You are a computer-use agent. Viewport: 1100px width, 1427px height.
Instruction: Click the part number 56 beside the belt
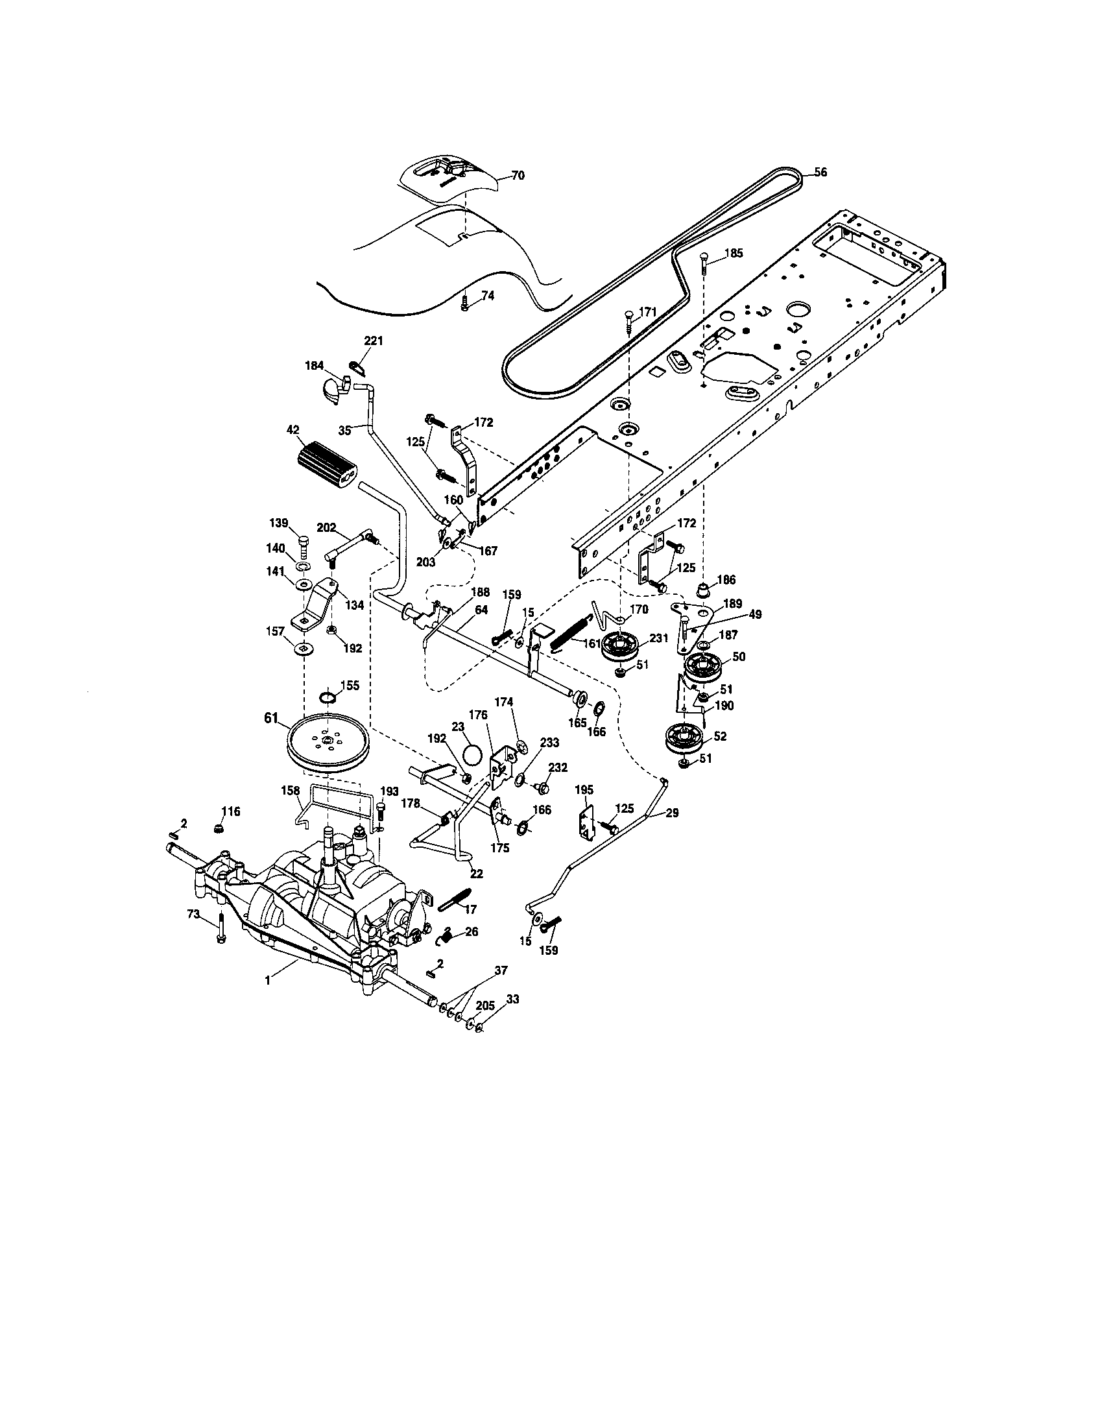click(820, 173)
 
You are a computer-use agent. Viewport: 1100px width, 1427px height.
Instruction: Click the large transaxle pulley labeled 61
click(325, 743)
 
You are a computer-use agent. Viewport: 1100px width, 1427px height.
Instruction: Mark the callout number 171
click(647, 313)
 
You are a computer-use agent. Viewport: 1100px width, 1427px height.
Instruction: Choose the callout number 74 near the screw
click(487, 295)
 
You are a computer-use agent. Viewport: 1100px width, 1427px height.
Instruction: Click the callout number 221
click(374, 341)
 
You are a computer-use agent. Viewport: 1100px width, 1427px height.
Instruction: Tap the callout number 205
click(485, 1005)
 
